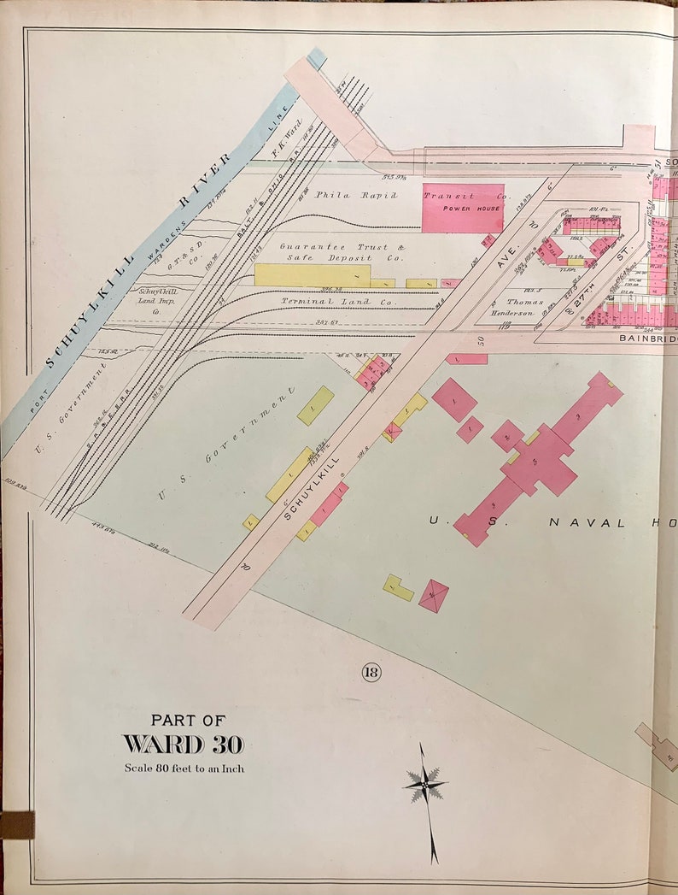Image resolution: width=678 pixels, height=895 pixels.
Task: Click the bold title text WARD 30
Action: click(184, 744)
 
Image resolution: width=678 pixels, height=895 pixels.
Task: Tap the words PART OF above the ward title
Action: click(188, 721)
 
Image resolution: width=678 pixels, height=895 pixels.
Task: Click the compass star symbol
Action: click(424, 782)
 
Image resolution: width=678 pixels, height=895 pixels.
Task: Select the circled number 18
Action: click(371, 673)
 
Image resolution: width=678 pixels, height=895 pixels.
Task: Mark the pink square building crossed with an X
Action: click(434, 595)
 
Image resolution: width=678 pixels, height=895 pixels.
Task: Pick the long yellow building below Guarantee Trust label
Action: click(313, 275)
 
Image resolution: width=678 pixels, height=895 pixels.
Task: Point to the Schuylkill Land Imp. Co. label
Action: click(157, 302)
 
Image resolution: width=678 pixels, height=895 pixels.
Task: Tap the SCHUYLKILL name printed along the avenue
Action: click(313, 488)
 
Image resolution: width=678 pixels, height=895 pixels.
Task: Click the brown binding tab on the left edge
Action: click(16, 825)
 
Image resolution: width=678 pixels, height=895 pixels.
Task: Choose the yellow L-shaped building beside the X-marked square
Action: click(397, 587)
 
